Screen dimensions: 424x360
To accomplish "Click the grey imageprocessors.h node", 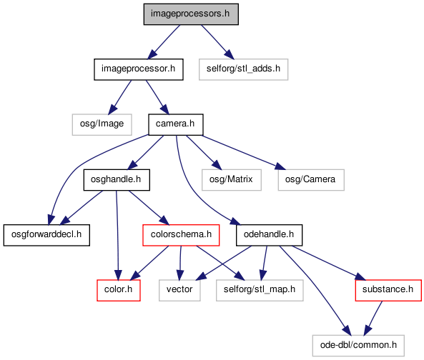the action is (191, 14).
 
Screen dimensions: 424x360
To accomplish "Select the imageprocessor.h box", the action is (139, 69).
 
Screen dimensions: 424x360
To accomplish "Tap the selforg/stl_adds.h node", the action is (243, 69).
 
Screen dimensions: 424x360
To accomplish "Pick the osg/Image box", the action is (102, 124).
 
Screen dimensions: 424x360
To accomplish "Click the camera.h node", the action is (175, 124).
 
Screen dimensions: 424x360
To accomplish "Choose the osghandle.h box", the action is (117, 180).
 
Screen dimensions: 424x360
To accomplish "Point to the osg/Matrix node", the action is (232, 180).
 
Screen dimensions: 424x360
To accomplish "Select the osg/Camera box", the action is (311, 180).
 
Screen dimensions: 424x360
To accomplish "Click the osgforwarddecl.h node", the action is (46, 235).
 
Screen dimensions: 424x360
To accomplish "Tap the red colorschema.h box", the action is (181, 235).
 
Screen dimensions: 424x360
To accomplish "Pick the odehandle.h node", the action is (269, 235).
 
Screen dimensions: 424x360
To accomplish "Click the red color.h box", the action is (119, 290).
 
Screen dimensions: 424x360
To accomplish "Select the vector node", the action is (179, 290).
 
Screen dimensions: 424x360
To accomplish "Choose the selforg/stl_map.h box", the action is (260, 290).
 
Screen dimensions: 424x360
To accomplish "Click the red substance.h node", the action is (388, 290).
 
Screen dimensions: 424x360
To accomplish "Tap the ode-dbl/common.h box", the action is (358, 346).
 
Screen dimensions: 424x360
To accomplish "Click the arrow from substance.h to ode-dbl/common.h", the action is (373, 319).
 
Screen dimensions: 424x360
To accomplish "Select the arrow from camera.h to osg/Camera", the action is (244, 153).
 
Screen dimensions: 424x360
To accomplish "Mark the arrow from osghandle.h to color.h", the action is (117, 235).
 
